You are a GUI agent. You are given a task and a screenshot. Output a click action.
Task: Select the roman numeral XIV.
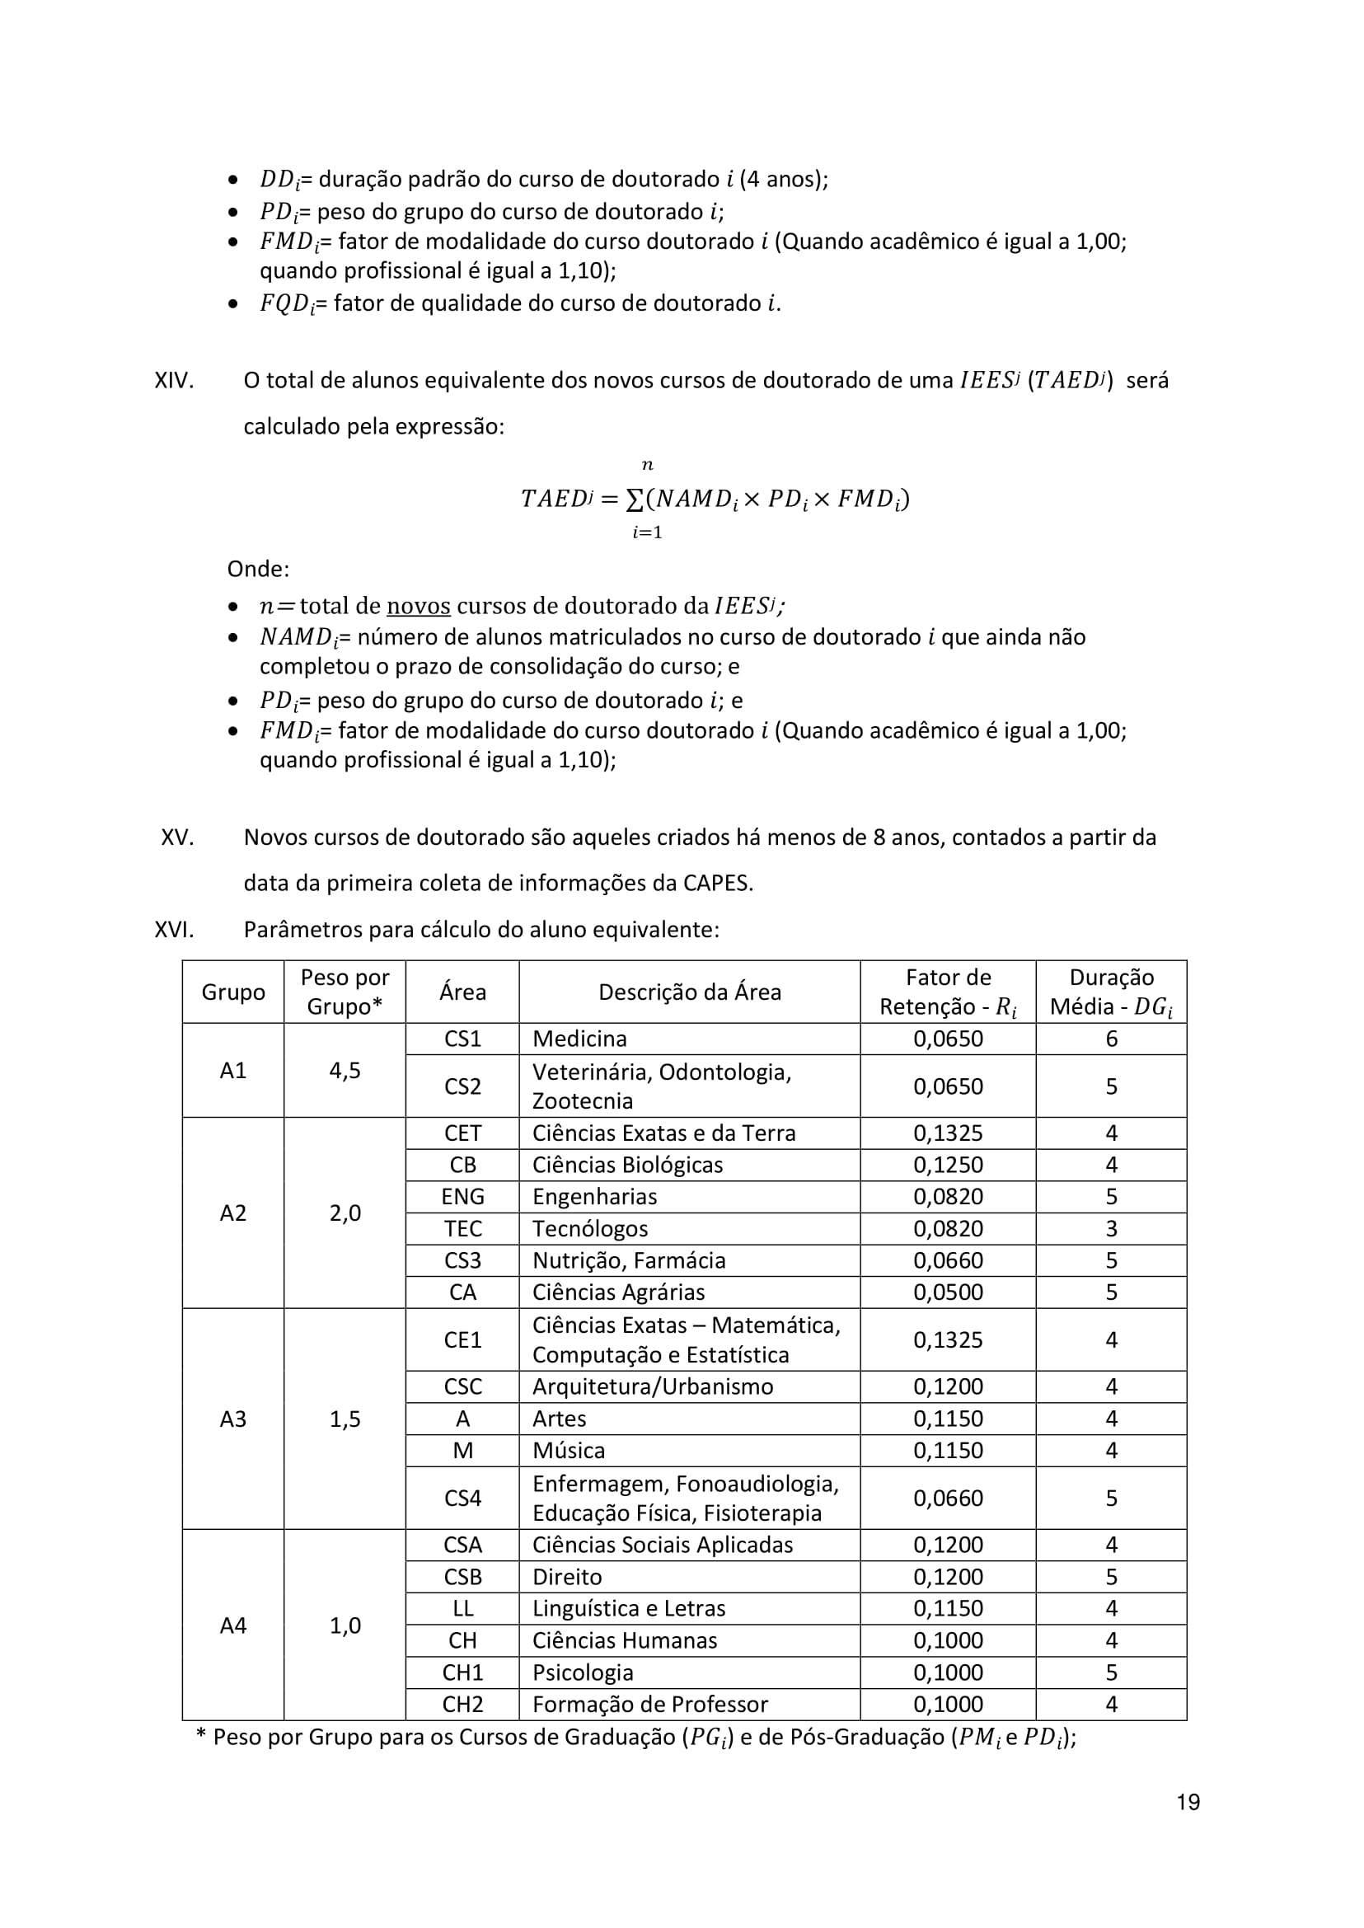174,381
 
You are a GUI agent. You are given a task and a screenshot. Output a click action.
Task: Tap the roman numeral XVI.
174,929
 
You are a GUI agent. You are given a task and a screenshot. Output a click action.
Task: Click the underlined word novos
419,606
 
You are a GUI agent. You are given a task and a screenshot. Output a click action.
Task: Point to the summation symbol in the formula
635,499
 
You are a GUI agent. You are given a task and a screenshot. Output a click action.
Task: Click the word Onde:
258,569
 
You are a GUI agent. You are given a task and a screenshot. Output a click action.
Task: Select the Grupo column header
232,992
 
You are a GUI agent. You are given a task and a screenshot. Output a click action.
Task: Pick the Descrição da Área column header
690,992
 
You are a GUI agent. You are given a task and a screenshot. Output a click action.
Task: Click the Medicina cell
579,1039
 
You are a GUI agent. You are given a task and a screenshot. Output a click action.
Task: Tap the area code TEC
463,1228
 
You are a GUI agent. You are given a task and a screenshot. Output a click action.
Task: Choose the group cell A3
232,1419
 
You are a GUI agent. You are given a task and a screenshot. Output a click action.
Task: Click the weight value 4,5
345,1070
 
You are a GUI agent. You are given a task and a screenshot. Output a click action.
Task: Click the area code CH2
463,1704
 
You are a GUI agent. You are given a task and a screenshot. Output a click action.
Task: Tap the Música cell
569,1450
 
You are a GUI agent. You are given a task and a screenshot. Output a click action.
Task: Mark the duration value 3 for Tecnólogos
1111,1228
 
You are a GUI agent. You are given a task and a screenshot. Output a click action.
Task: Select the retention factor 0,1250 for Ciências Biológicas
948,1166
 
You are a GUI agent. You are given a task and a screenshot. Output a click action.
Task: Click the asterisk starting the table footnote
201,1735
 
